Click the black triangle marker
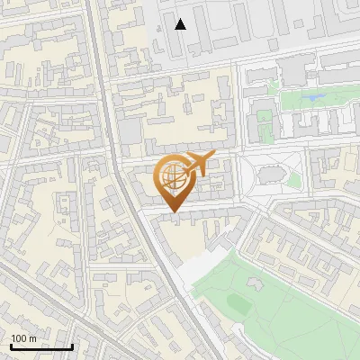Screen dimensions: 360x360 [181, 24]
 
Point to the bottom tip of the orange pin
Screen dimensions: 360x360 [173, 213]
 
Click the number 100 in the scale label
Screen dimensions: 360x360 [19, 338]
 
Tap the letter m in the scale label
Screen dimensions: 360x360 [32, 338]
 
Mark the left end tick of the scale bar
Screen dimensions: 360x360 [11, 345]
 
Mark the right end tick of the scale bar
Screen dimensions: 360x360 [72, 345]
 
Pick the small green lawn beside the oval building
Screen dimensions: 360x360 [293, 180]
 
